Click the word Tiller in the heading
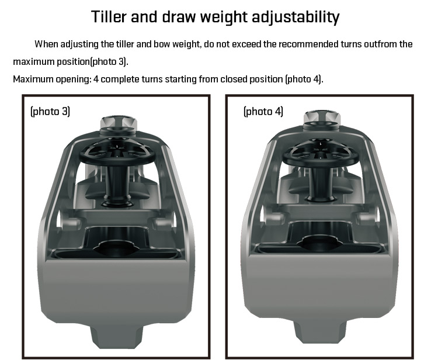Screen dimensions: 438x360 coord(109,16)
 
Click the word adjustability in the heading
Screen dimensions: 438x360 coord(296,18)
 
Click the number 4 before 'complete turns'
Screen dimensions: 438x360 coord(96,79)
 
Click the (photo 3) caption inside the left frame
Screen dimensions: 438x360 coord(50,111)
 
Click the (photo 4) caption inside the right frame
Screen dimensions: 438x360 coord(263,111)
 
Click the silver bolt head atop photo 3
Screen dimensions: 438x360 coord(118,123)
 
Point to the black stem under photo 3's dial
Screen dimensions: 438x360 coord(117,186)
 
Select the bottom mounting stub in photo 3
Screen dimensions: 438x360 coord(117,336)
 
